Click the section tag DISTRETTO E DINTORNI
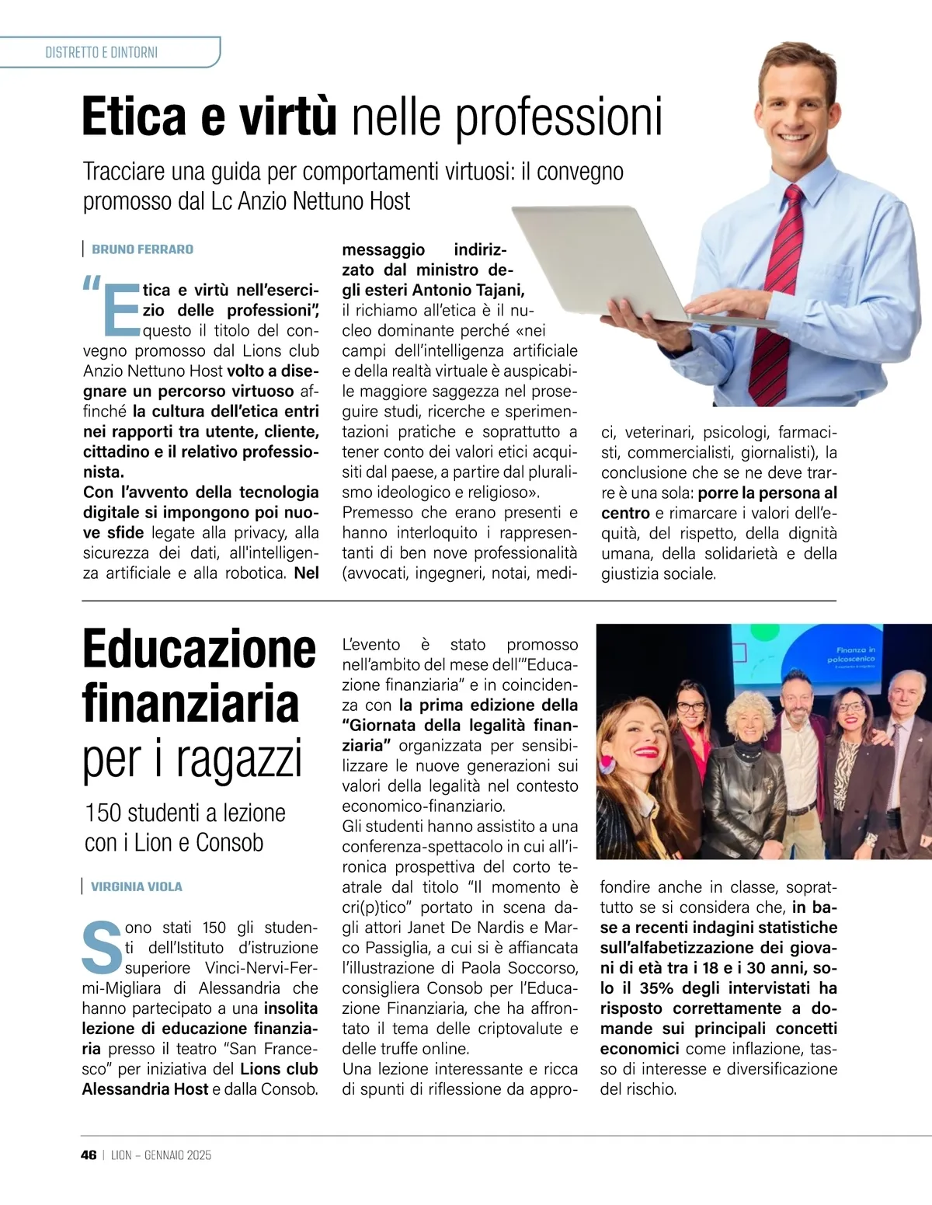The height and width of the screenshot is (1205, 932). pos(102,53)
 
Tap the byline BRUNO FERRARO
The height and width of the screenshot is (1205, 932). pos(142,249)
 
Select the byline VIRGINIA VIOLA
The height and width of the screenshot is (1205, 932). pos(137,886)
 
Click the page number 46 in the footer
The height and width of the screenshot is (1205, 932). pos(89,1155)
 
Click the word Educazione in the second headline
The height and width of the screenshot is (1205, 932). pos(199,650)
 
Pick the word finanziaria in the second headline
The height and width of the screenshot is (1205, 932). pos(191,704)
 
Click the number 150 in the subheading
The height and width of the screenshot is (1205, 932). pos(103,813)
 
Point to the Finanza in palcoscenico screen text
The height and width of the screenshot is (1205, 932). pos(855,655)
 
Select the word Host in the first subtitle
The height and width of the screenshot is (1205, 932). pos(390,201)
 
